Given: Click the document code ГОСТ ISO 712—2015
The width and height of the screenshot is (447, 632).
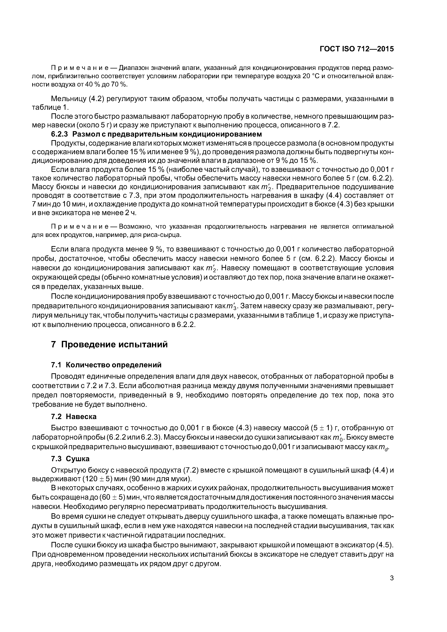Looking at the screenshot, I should point(357,49).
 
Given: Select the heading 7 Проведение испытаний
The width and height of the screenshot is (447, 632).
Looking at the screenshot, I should point(109,344).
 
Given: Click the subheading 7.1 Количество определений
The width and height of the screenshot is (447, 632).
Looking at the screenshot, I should point(106,365).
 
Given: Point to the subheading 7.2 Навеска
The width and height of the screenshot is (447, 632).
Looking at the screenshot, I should point(74,417).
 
